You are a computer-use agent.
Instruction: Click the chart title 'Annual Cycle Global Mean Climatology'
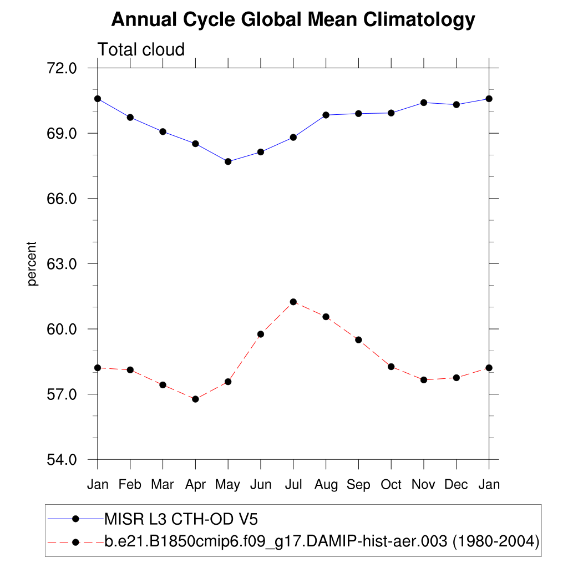tap(293, 20)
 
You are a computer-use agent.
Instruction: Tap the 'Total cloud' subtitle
tap(141, 50)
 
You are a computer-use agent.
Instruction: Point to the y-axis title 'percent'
tap(32, 263)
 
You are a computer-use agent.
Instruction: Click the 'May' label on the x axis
tap(227, 485)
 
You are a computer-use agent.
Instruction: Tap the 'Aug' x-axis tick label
tap(326, 485)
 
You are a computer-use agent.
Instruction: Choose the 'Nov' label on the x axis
tap(423, 485)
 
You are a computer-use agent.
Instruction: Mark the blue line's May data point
tap(228, 161)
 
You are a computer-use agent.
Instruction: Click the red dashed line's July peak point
tap(293, 302)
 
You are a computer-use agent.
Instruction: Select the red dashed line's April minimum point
tap(195, 399)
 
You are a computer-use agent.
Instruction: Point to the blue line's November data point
tap(424, 103)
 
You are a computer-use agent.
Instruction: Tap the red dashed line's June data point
tap(261, 334)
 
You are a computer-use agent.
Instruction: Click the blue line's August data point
tap(326, 115)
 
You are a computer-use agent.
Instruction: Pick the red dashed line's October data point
tap(391, 367)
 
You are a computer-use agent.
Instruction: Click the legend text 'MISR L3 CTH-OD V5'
tap(181, 519)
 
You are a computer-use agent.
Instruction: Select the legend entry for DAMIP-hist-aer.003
tap(322, 541)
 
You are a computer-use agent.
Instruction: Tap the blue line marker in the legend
tap(76, 519)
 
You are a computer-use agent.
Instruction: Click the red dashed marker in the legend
tap(76, 541)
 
